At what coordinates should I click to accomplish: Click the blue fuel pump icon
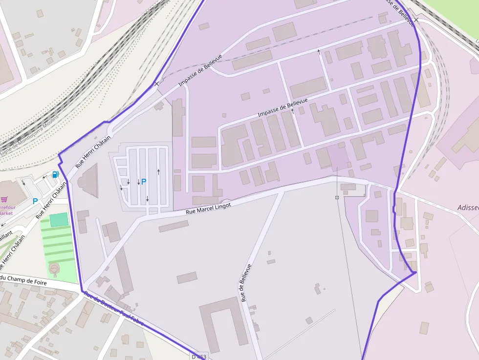tap(56, 174)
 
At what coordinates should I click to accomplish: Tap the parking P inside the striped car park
tap(144, 181)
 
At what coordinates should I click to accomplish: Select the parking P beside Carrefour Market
tap(35, 201)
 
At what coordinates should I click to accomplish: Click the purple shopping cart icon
tap(4, 199)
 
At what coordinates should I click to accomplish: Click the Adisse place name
tap(468, 207)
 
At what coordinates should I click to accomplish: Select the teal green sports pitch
tap(59, 220)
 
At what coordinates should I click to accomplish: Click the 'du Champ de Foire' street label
tap(24, 280)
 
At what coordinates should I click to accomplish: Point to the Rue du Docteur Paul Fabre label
tap(113, 309)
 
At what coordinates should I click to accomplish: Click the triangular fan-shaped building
tap(89, 180)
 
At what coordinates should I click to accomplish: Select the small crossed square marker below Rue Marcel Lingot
tap(337, 197)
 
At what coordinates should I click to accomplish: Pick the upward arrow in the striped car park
tap(158, 171)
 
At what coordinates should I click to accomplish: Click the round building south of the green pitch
tap(54, 268)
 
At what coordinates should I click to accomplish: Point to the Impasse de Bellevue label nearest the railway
tap(200, 70)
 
